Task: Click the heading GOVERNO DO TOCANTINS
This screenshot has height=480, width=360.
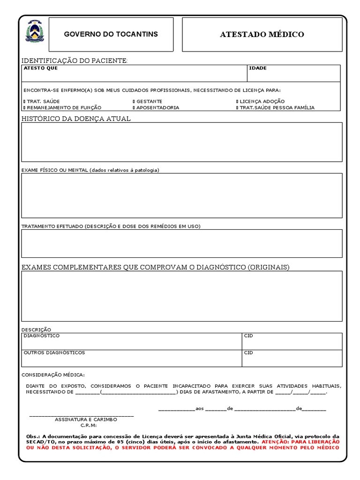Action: [111, 34]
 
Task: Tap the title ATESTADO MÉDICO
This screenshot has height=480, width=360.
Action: [262, 34]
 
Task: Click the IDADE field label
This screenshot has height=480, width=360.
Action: [258, 68]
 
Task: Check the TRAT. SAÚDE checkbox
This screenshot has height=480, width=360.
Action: [24, 101]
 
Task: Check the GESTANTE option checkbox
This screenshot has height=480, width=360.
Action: [134, 101]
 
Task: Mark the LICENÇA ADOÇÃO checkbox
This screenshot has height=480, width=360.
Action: [237, 101]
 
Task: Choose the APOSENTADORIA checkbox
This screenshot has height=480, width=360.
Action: [134, 107]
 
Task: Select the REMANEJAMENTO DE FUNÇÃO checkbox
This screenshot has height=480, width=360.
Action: [24, 107]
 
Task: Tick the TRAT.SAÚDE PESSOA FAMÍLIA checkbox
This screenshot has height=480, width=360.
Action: [237, 107]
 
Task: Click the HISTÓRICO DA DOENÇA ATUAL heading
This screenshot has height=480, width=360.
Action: [76, 119]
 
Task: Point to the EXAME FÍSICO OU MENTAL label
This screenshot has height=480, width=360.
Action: [54, 170]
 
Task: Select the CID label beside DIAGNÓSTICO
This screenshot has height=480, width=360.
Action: [248, 336]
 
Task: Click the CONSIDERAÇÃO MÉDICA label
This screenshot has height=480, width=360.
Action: [53, 375]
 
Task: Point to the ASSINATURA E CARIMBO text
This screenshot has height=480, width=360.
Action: [82, 420]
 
